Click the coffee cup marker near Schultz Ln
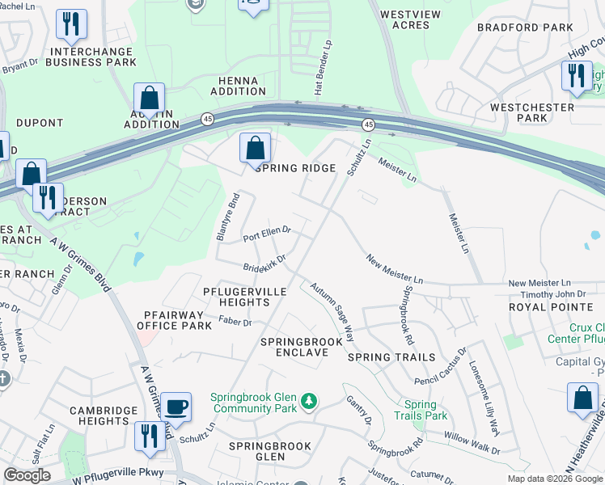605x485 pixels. pos(176,407)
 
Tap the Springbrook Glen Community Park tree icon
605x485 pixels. pos(307,400)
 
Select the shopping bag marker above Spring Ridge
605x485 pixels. pos(255,148)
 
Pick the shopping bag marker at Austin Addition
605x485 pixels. pos(150,99)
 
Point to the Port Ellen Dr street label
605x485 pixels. pos(266,233)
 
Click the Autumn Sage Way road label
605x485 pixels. pos(332,310)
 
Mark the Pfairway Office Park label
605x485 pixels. pos(174,319)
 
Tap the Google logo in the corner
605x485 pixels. pos(26,475)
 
